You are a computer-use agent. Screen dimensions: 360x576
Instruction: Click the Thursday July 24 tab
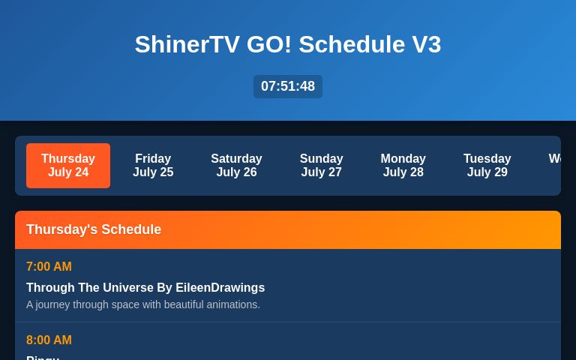pyautogui.click(x=68, y=166)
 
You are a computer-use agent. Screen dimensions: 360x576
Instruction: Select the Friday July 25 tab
pyautogui.click(x=153, y=166)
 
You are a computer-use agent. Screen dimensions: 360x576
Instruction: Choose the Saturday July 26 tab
pyautogui.click(x=236, y=166)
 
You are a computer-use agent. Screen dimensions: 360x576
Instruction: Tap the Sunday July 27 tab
pyautogui.click(x=321, y=166)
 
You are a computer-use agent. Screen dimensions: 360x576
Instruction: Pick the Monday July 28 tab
pyautogui.click(x=403, y=166)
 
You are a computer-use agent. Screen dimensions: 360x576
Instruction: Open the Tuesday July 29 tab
pyautogui.click(x=487, y=166)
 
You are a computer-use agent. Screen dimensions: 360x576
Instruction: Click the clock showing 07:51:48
pyautogui.click(x=288, y=86)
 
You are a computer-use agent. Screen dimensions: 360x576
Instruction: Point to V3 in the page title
pyautogui.click(x=426, y=44)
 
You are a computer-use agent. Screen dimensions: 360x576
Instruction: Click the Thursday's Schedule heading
pyautogui.click(x=94, y=229)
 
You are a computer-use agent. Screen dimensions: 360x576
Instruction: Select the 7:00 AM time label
pyautogui.click(x=49, y=267)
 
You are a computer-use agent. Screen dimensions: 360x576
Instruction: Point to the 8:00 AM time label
pyautogui.click(x=49, y=340)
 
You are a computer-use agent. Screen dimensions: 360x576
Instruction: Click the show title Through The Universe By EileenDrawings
pyautogui.click(x=145, y=288)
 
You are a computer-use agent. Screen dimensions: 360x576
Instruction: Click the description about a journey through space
pyautogui.click(x=143, y=304)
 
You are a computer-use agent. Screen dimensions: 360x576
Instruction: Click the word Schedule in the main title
pyautogui.click(x=352, y=44)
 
